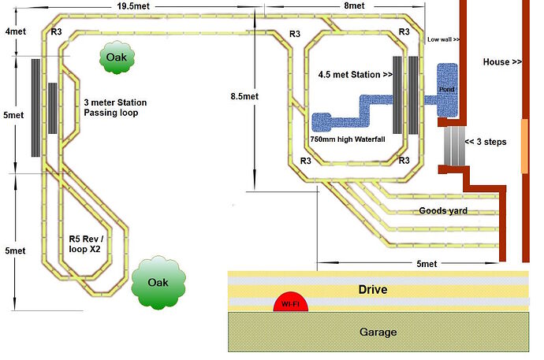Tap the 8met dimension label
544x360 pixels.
tap(354, 6)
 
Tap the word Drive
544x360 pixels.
tap(371, 290)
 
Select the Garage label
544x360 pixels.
tap(375, 332)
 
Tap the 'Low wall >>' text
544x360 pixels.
tap(443, 39)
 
